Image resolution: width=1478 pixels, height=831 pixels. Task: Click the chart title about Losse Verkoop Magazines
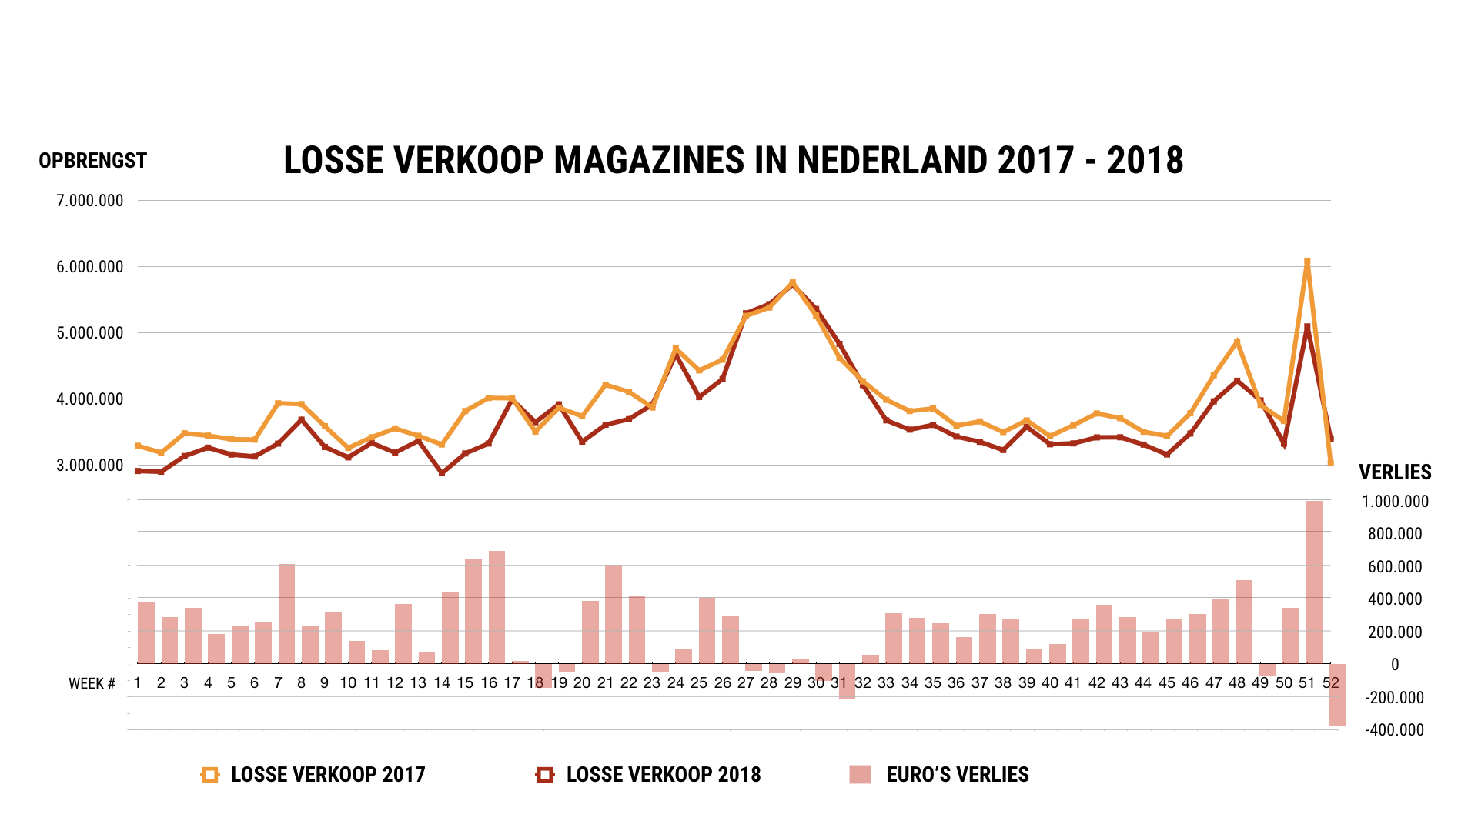click(x=733, y=161)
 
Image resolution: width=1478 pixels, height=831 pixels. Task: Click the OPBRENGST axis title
click(x=92, y=161)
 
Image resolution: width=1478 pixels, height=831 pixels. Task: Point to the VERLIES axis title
click(x=1394, y=472)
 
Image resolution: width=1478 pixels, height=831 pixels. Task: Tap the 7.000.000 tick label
click(x=89, y=201)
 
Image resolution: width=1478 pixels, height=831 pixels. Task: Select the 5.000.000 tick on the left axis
click(x=89, y=333)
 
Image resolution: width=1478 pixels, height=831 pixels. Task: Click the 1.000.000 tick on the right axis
click(x=1394, y=502)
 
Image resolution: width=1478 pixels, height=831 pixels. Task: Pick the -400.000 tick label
click(x=1394, y=730)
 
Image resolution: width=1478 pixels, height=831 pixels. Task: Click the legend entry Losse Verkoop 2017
click(x=327, y=775)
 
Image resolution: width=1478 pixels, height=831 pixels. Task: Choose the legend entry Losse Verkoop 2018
click(x=663, y=775)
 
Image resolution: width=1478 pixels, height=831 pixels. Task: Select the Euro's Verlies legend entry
click(x=957, y=775)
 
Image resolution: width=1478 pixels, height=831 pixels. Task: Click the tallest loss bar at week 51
click(x=1314, y=582)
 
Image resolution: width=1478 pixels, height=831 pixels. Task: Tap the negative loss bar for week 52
click(x=1337, y=694)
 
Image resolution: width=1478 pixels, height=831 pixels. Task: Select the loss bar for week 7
click(x=286, y=613)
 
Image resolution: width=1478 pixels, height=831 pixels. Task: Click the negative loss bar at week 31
click(x=847, y=681)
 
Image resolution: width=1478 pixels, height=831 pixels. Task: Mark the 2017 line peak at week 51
click(x=1307, y=262)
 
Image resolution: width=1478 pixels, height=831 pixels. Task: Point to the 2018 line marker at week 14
click(x=442, y=473)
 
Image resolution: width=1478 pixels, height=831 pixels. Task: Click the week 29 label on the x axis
click(x=792, y=683)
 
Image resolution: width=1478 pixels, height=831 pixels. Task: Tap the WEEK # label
click(x=92, y=684)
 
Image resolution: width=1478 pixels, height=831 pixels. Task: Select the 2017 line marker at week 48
click(x=1237, y=342)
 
